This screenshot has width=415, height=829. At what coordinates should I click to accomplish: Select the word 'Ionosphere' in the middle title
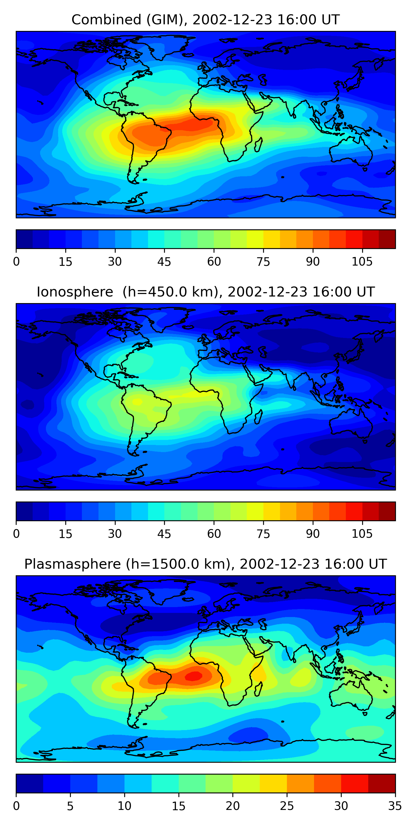point(75,292)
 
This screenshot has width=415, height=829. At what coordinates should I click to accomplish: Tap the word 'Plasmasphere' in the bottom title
point(72,564)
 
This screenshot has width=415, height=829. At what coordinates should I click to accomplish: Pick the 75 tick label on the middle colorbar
point(263,534)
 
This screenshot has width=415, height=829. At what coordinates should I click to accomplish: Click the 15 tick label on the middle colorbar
point(65,534)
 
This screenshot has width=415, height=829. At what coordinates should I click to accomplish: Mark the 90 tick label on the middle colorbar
point(313,534)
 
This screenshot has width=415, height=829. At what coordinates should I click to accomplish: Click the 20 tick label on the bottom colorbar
point(232,806)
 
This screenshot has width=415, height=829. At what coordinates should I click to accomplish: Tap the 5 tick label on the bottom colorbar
point(70,806)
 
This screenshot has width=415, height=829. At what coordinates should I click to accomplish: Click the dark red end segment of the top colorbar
point(387,239)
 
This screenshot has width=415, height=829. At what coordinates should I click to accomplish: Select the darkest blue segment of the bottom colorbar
point(30,783)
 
